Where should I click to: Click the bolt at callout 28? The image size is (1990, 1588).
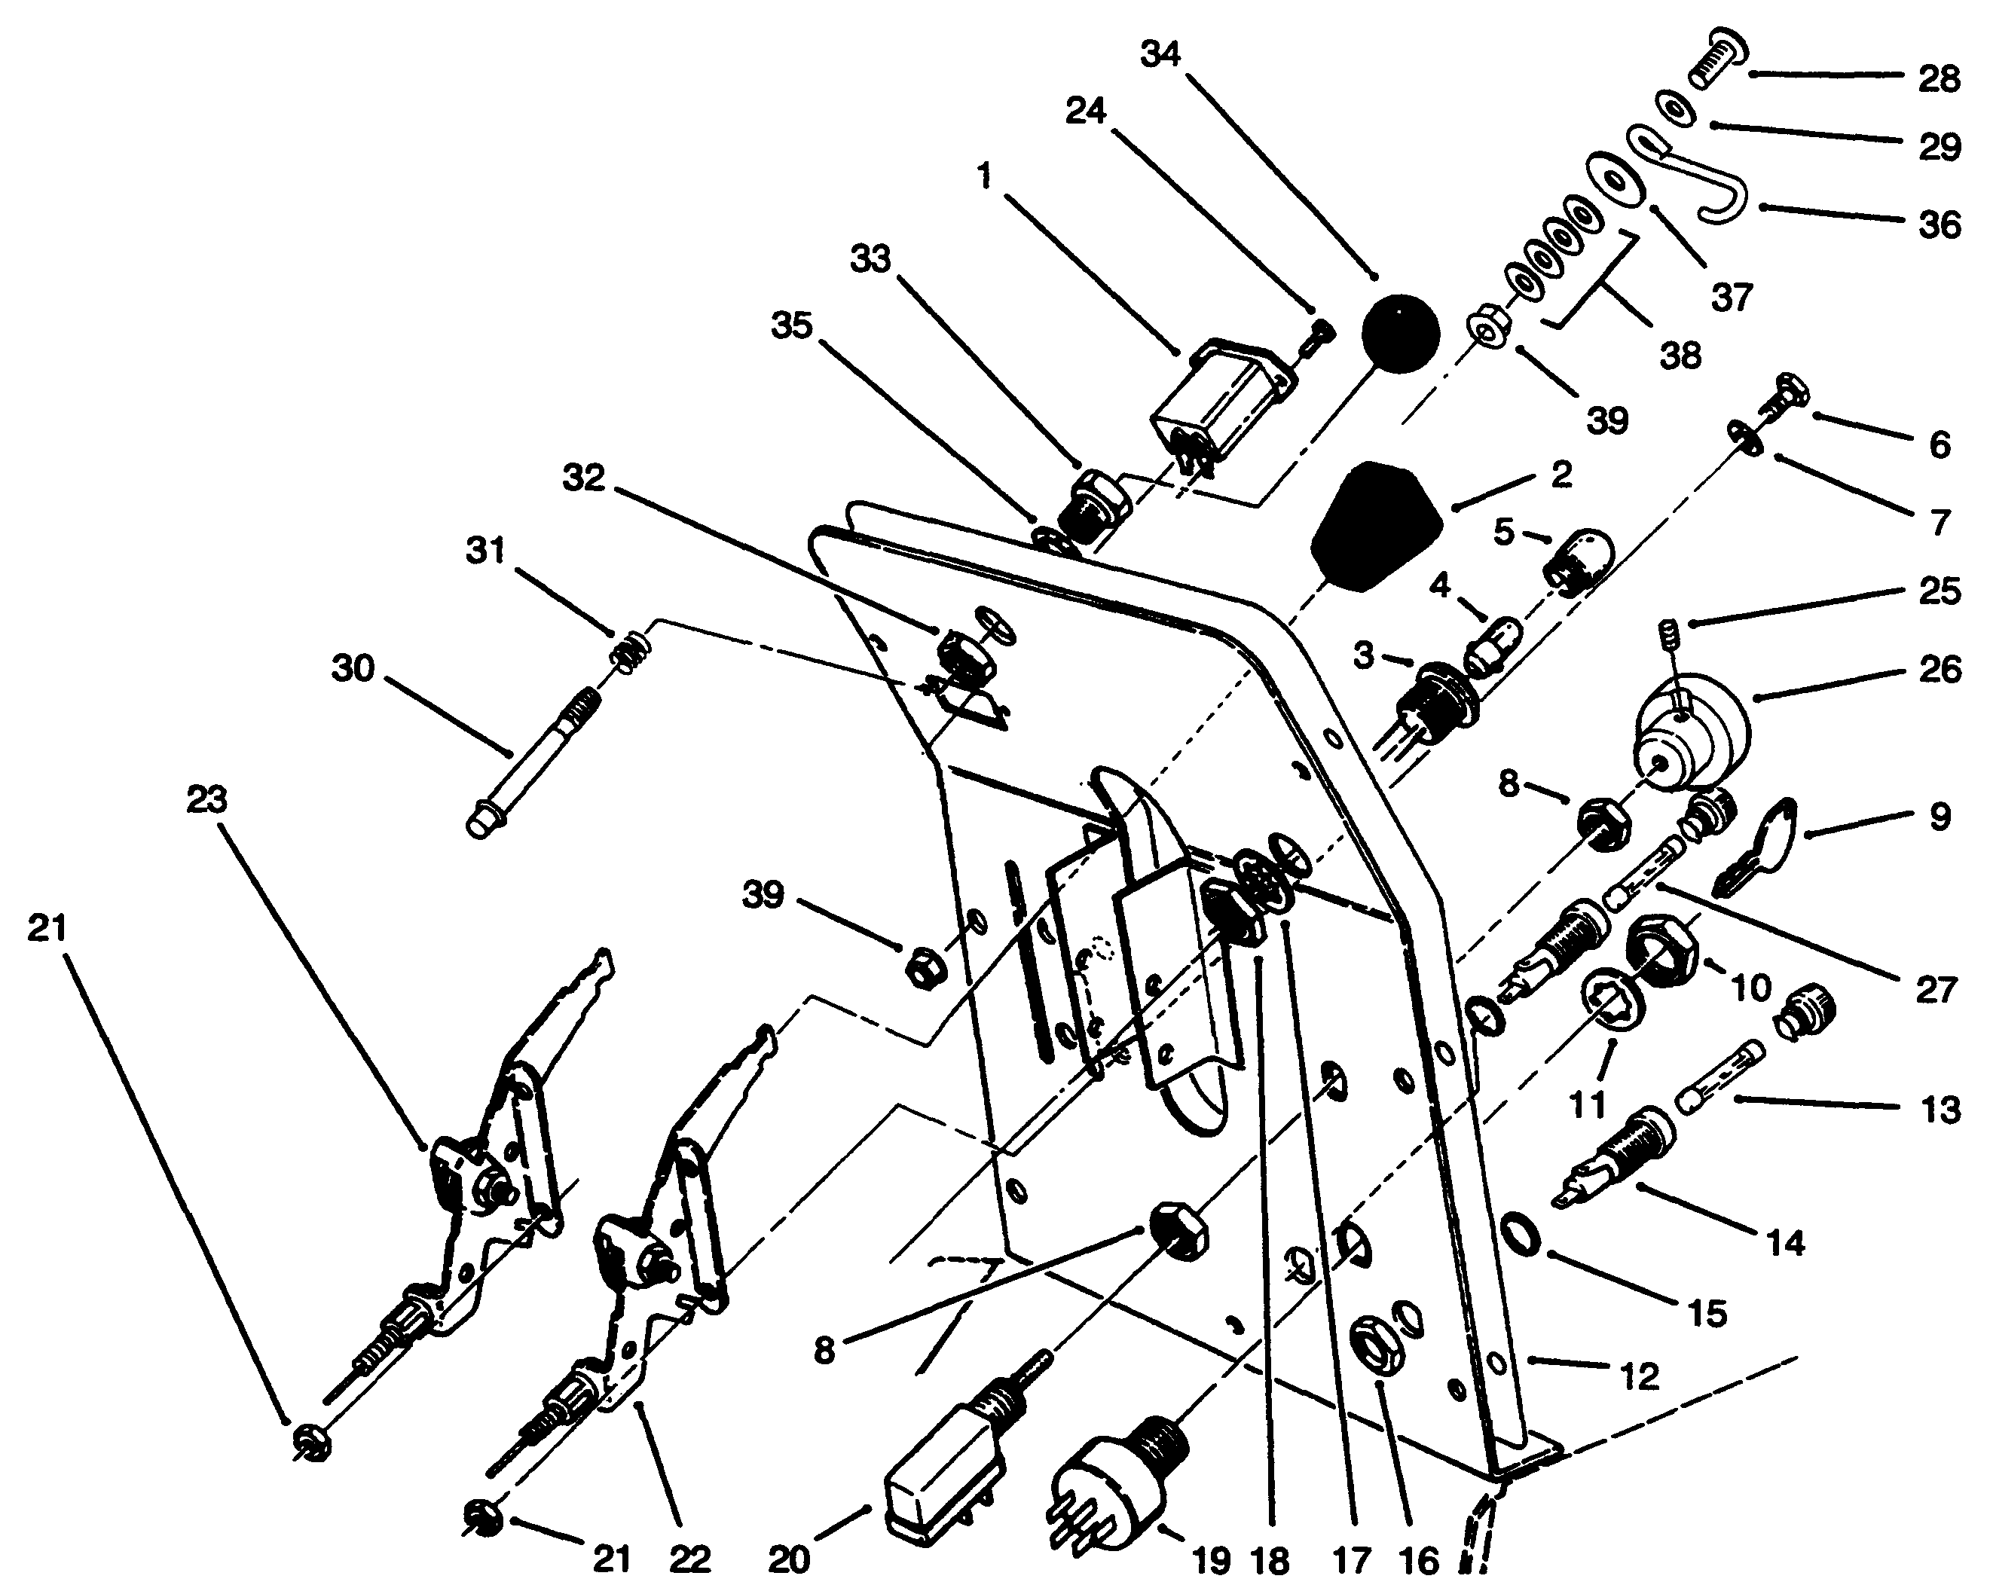(x=1714, y=58)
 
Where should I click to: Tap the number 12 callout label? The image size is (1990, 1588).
(x=1640, y=1377)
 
